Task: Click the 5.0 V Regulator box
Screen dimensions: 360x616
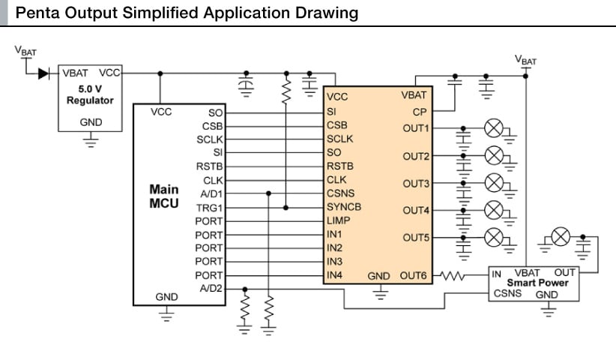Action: click(90, 97)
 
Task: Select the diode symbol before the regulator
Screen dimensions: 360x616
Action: click(43, 73)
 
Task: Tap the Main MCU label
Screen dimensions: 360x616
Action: click(164, 196)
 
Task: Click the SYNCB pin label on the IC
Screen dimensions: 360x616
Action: click(344, 207)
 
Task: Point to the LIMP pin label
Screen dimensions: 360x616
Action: click(339, 220)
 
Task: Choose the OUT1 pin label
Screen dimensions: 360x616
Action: click(416, 128)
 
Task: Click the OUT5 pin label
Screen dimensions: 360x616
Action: click(416, 238)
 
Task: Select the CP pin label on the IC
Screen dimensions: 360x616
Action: click(420, 111)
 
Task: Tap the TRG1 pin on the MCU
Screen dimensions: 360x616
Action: click(209, 207)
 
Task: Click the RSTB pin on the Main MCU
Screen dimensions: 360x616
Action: click(209, 166)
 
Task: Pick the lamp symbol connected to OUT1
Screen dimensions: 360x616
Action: click(493, 128)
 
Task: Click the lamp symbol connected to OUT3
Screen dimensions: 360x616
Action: click(493, 183)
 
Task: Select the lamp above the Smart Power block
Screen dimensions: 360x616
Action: click(560, 238)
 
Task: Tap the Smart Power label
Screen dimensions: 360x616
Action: click(538, 283)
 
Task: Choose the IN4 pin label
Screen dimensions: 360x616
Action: click(335, 275)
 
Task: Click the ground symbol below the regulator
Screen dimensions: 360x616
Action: click(91, 140)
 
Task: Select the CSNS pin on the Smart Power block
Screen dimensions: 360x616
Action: click(506, 294)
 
